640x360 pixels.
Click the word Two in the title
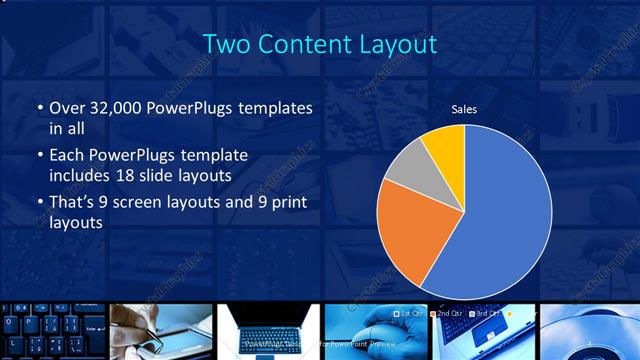pos(226,44)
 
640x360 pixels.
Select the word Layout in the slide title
pos(399,44)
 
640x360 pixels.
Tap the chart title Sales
pos(464,109)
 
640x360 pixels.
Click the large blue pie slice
pos(500,210)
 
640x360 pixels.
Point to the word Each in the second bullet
pos(68,156)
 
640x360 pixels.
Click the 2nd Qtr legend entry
pos(448,313)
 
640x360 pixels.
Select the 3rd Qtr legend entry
pos(486,313)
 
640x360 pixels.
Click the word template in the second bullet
pos(214,156)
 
